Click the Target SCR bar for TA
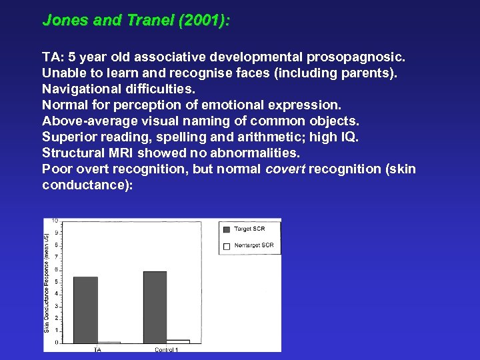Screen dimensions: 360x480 tap(85, 309)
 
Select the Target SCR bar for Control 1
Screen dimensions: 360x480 tap(155, 307)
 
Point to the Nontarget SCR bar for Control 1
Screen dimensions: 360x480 tap(178, 341)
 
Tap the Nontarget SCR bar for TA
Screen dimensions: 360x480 tap(109, 342)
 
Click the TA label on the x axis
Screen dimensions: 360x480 tap(97, 349)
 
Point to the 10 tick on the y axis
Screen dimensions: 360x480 tap(55, 220)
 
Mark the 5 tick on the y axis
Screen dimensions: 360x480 tap(57, 281)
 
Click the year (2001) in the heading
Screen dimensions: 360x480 tap(204, 21)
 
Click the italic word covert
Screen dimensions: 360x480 tap(287, 169)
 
